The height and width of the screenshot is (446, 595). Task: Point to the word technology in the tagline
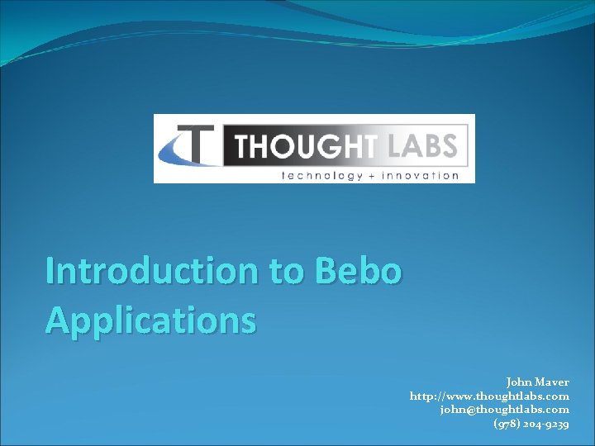click(322, 174)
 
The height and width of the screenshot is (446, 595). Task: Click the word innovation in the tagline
click(421, 174)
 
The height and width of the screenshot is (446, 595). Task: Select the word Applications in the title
click(150, 320)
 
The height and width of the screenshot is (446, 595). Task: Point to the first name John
click(519, 382)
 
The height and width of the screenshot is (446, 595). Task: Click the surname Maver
click(552, 382)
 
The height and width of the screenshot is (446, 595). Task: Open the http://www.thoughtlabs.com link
click(489, 396)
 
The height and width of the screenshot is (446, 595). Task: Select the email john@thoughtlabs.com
click(504, 410)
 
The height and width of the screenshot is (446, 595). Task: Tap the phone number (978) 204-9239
click(531, 424)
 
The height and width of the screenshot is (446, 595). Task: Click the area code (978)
click(507, 424)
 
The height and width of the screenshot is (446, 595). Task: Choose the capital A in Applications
click(59, 320)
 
